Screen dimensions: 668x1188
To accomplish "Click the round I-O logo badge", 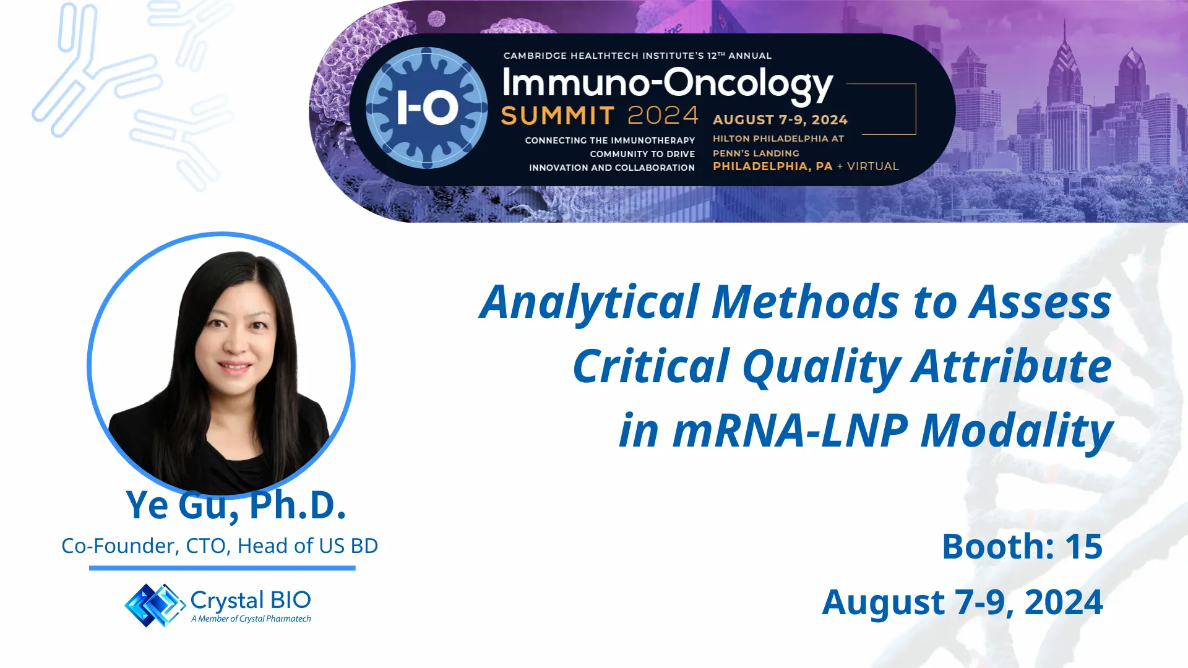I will pyautogui.click(x=426, y=108).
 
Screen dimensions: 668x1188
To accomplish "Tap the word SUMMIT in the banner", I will pyautogui.click(x=557, y=116).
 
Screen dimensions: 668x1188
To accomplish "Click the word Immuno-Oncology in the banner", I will pyautogui.click(x=667, y=84).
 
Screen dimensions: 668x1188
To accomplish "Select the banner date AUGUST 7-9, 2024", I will pyautogui.click(x=780, y=120).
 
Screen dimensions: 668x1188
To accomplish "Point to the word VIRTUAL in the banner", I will pyautogui.click(x=872, y=166).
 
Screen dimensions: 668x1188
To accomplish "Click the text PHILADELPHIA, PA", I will pyautogui.click(x=772, y=166).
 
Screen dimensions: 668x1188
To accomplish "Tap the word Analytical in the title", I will pyautogui.click(x=590, y=302).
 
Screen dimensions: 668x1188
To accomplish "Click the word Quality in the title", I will pyautogui.click(x=821, y=367).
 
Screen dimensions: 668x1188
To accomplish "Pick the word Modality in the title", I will pyautogui.click(x=1017, y=430).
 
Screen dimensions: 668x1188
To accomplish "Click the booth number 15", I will pyautogui.click(x=1083, y=546).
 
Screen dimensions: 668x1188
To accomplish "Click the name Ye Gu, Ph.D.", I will pyautogui.click(x=236, y=505).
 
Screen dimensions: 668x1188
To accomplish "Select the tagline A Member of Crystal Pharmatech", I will pyautogui.click(x=251, y=619).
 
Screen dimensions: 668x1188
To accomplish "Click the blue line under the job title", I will pyautogui.click(x=222, y=568).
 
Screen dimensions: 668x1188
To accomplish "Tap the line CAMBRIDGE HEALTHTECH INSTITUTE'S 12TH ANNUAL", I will pyautogui.click(x=637, y=56).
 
